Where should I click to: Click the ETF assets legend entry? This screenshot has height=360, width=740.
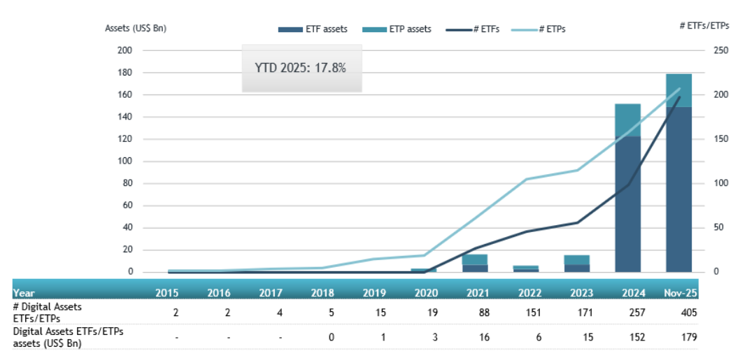tap(313, 29)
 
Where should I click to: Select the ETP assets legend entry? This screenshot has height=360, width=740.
tap(397, 29)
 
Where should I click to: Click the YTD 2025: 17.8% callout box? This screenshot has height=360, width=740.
tap(301, 69)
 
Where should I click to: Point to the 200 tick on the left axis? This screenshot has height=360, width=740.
tap(124, 50)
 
